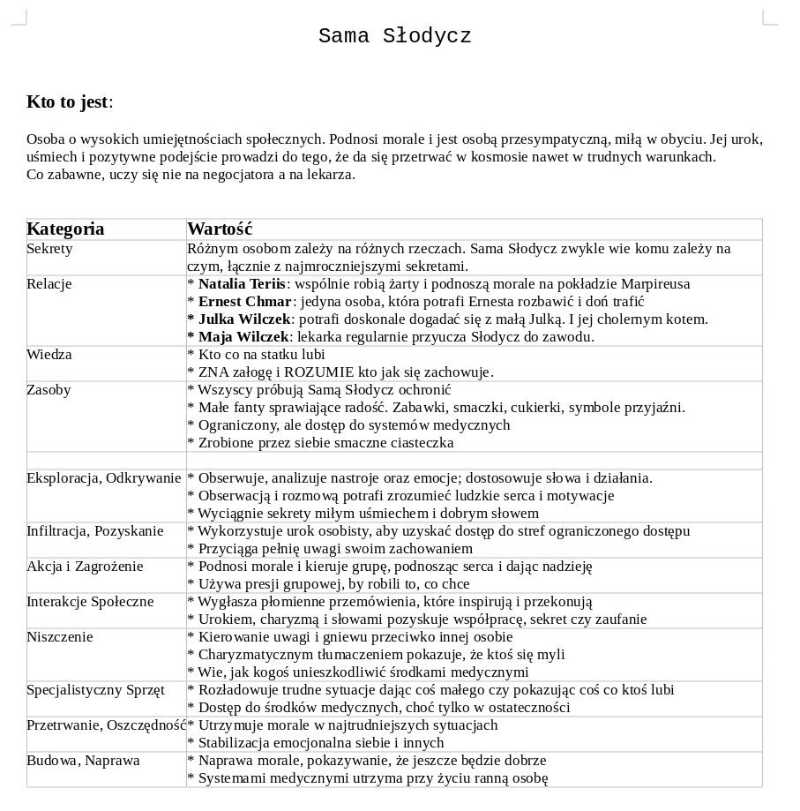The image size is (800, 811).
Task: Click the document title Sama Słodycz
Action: point(394,36)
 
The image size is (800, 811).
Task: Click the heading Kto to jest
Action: point(67,101)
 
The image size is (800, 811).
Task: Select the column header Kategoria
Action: point(65,229)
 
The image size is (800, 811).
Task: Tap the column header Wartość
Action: point(220,229)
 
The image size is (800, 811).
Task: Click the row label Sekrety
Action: point(49,249)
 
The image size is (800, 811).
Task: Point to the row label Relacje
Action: point(49,284)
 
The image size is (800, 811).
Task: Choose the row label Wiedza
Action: point(49,355)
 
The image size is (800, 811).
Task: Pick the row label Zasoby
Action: point(49,390)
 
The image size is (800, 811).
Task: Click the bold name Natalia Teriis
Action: point(242,284)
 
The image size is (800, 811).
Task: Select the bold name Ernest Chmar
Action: point(244,302)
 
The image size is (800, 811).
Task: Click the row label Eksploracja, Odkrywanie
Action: point(103,478)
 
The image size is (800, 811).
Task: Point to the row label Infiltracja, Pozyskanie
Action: point(94,531)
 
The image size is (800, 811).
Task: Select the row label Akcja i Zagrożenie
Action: point(85,567)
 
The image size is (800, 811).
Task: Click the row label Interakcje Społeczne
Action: point(90,602)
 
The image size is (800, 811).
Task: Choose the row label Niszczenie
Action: point(59,637)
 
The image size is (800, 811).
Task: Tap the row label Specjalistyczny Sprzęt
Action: point(95,690)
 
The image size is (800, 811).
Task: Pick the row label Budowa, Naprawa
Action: point(83,761)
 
